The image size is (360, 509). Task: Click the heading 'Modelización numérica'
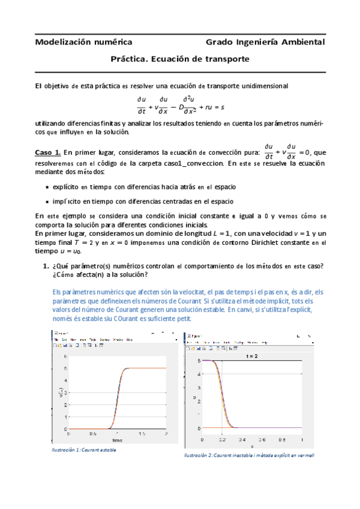tap(83, 42)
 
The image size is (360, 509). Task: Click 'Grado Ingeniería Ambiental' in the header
tap(265, 42)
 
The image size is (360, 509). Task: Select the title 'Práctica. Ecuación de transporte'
tap(180, 60)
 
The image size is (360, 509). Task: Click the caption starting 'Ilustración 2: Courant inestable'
tap(249, 456)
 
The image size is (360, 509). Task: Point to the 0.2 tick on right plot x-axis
tap(222, 439)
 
